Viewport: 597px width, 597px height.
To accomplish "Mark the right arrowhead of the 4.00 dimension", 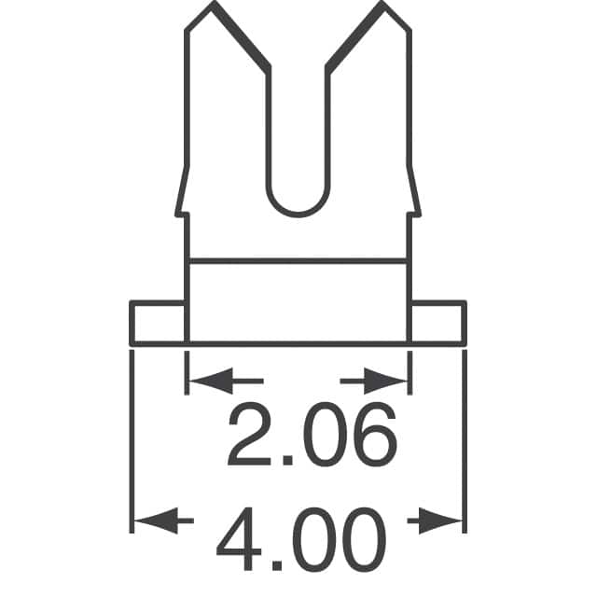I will point(451,519).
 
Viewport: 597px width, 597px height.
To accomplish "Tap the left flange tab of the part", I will point(159,322).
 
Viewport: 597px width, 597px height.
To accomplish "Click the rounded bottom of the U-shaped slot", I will point(298,211).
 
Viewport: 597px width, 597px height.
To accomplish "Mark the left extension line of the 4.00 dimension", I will point(131,438).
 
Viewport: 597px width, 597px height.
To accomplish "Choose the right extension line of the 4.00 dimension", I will point(464,438).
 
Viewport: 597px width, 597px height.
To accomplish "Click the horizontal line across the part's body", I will point(298,261).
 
